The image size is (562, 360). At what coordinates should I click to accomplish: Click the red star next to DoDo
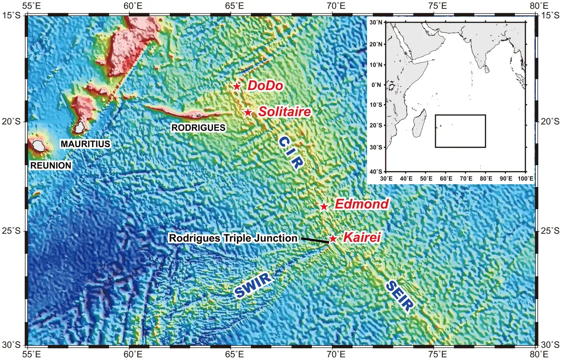237,86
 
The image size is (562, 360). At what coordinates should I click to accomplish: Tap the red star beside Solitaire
248,112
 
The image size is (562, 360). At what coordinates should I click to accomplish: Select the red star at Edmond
324,206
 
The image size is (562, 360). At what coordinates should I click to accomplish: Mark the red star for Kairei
333,239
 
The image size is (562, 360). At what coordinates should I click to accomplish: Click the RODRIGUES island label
198,128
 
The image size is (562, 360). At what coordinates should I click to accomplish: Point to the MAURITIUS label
85,144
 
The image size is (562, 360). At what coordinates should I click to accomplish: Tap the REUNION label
51,165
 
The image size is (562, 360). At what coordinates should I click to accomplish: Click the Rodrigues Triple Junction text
233,238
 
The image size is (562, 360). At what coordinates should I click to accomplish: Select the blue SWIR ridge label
253,285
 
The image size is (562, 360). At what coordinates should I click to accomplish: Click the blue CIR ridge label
290,153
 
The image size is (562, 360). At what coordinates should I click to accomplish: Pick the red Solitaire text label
285,112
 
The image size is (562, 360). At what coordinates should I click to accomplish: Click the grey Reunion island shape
38,146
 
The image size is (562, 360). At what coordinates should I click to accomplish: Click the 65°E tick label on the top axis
235,6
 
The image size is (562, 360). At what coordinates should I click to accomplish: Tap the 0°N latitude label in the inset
376,85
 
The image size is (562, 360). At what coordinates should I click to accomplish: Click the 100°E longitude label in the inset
525,179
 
